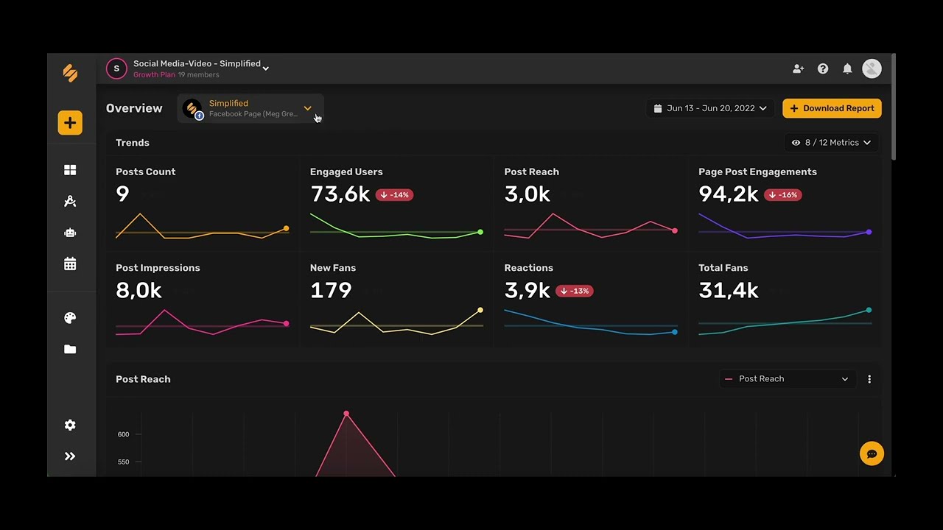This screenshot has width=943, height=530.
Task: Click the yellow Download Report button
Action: [832, 108]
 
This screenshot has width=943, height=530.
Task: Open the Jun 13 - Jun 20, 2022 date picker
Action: [710, 108]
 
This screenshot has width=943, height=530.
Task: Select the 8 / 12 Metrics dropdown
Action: [831, 143]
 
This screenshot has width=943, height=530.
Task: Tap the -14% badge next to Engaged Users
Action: [394, 195]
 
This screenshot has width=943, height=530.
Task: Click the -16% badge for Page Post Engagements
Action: [782, 195]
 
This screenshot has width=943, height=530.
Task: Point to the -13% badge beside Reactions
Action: [575, 291]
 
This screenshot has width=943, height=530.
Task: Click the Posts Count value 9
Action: [122, 194]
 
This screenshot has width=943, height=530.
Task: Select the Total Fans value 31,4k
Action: [728, 290]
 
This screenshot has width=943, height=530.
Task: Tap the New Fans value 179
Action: [331, 290]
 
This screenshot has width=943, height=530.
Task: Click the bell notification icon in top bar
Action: [847, 68]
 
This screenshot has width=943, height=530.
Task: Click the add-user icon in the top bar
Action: [798, 68]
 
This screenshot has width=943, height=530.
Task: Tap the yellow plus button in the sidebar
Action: [70, 123]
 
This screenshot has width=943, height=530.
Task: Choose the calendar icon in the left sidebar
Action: [70, 264]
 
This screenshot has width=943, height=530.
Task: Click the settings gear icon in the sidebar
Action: [70, 425]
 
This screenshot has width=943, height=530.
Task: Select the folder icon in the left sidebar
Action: [70, 349]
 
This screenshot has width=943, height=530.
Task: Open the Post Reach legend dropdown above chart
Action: [787, 379]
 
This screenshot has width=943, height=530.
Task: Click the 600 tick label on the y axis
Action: [123, 434]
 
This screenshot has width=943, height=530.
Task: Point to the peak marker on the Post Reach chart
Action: [346, 414]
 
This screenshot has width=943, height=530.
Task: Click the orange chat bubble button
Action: [872, 453]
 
